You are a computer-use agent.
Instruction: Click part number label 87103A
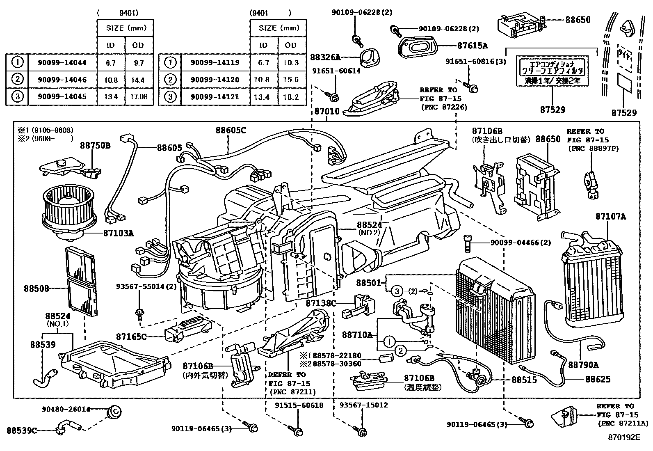[x=118, y=233]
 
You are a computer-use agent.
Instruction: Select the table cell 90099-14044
[x=62, y=62]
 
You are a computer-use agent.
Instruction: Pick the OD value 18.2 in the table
[x=290, y=97]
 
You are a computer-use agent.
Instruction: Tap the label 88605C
[x=231, y=130]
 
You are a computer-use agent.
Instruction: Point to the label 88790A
[x=583, y=364]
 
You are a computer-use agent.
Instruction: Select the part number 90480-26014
[x=66, y=409]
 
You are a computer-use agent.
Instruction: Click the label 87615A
[x=473, y=46]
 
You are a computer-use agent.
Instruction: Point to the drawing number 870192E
[x=624, y=437]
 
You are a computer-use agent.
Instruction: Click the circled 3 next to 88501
[x=397, y=291]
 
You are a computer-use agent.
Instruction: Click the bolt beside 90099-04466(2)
[x=467, y=244]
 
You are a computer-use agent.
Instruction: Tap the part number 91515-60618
[x=299, y=405]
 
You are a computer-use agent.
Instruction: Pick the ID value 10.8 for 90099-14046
[x=111, y=80]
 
